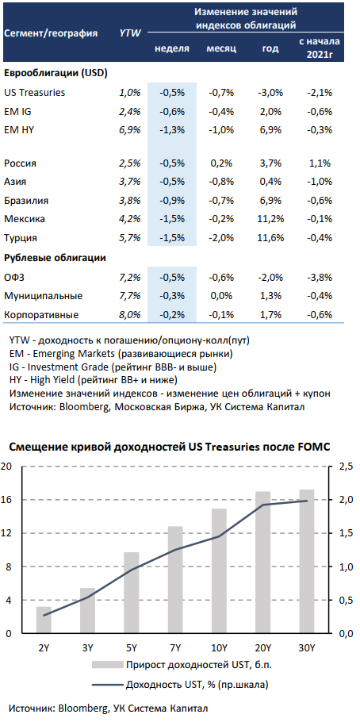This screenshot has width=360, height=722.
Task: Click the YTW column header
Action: [130, 33]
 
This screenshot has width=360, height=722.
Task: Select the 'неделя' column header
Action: [172, 48]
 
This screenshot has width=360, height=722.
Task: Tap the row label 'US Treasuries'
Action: [35, 93]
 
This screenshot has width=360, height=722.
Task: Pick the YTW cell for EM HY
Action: [129, 130]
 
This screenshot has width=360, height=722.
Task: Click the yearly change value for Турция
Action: [270, 238]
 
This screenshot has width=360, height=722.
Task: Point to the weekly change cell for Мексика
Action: [172, 219]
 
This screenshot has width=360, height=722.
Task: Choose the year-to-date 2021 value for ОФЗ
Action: [320, 277]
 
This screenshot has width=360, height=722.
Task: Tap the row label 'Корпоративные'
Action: [41, 315]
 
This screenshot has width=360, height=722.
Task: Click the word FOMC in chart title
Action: [316, 447]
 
